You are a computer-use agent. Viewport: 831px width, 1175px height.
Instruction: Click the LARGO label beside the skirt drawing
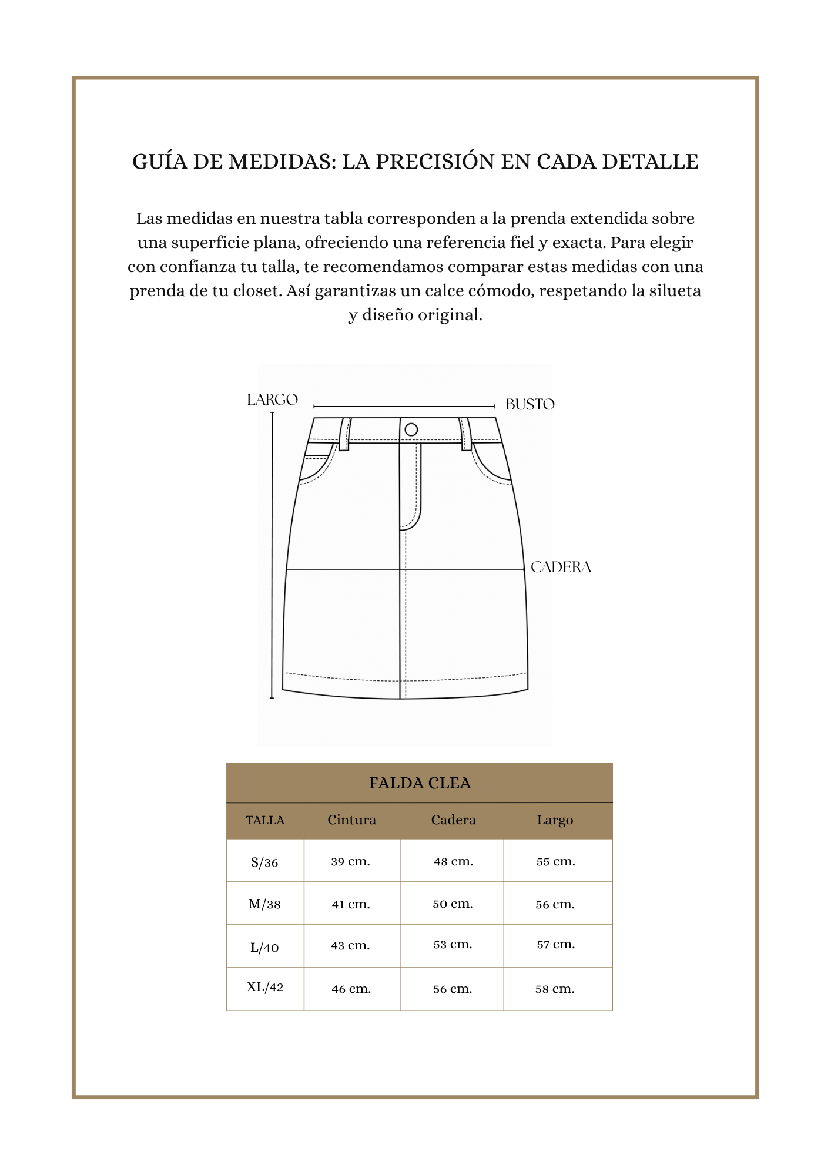(272, 400)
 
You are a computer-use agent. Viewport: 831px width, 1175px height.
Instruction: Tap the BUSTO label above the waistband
(530, 404)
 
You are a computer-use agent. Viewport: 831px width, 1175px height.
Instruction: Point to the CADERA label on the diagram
(561, 567)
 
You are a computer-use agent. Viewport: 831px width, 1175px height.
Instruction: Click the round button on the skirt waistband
(411, 429)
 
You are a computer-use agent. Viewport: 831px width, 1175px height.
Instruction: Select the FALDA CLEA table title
(420, 783)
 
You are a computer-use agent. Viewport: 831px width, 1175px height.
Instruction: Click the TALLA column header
(265, 820)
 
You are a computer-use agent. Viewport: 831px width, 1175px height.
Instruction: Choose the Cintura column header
(351, 820)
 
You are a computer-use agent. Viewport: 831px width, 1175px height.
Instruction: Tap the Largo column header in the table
(555, 820)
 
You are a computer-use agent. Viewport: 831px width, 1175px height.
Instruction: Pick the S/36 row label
(264, 862)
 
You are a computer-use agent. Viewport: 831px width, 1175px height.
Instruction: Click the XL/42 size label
(265, 987)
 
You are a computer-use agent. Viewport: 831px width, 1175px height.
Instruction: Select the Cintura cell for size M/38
(351, 904)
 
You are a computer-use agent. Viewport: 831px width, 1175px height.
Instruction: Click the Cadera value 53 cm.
(453, 945)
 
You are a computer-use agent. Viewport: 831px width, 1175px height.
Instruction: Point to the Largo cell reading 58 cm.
(555, 989)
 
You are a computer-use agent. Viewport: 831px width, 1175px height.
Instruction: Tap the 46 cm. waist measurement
(351, 989)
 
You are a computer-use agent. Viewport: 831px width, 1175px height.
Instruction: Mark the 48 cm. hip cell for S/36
(453, 862)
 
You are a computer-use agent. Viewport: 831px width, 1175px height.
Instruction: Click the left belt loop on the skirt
(344, 434)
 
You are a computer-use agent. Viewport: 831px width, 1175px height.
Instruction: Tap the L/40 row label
(264, 947)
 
